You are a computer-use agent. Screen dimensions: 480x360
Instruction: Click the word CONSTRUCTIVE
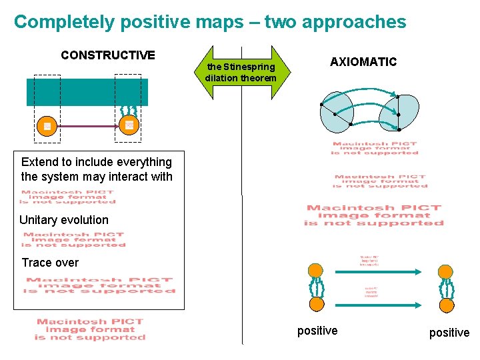(x=108, y=55)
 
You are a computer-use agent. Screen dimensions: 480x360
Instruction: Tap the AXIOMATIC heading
(x=363, y=62)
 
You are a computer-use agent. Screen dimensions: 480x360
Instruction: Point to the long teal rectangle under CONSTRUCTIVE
(x=87, y=92)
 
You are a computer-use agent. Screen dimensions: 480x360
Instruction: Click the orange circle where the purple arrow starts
(x=47, y=125)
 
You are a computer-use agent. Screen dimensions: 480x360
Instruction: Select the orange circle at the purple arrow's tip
(x=129, y=125)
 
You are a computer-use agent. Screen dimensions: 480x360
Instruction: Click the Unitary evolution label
(x=64, y=220)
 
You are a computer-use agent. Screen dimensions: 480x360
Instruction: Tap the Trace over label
(x=50, y=263)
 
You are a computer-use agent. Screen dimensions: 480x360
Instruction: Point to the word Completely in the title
(x=65, y=22)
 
